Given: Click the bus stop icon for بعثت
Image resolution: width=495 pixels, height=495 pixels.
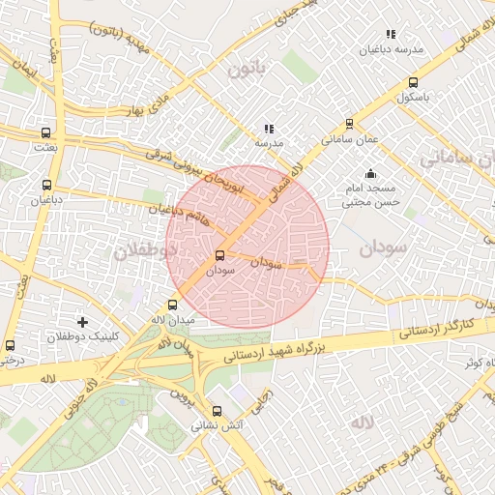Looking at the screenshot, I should pos(45,132).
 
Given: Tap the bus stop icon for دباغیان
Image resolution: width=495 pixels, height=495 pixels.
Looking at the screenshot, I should pos(45,186).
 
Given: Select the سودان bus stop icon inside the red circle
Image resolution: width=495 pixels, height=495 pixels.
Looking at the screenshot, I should pos(220,256).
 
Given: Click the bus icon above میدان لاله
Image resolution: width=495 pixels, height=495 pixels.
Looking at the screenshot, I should pos(172,305).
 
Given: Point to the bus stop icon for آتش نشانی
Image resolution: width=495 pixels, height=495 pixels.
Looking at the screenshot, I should pos(217,411).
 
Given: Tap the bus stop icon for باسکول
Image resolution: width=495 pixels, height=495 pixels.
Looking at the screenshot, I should pos(413,83).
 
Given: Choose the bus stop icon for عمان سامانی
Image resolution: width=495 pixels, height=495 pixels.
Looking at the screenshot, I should pos(349,124).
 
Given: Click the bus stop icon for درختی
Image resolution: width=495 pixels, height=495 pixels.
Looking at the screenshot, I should pos(10,345).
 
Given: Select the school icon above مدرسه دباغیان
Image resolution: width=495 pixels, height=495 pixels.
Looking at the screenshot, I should pos(390,35).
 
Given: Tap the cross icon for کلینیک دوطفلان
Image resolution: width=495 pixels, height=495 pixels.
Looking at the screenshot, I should pos(82,322).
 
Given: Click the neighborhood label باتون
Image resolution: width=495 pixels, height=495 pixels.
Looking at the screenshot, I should pos(246,69).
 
